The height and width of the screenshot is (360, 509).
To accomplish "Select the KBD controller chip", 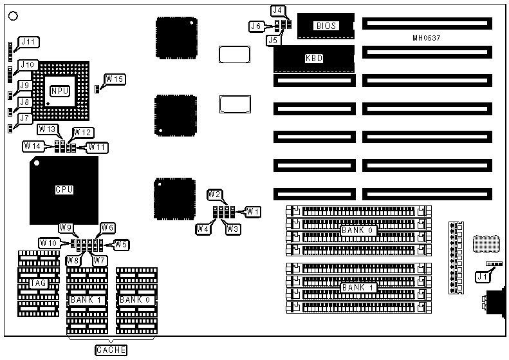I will coord(314,58).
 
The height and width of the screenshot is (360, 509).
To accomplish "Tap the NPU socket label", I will coord(59,91).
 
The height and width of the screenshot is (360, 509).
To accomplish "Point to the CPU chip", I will coord(64,190).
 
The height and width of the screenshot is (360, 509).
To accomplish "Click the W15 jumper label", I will coord(116,79).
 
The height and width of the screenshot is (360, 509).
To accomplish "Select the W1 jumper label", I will coord(253,211).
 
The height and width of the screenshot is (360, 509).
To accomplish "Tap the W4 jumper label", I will coord(203,228).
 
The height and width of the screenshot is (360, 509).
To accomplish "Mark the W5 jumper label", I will coord(121,243).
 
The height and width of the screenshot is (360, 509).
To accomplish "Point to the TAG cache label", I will coord(39,283).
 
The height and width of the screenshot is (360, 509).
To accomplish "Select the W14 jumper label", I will coord(33,146).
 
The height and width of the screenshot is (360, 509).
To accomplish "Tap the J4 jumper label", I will coord(277,10).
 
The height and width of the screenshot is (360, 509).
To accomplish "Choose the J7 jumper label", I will coord(25,118).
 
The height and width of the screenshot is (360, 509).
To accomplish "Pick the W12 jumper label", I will coord(83,132).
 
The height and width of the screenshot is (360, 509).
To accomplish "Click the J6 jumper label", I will coord(257,26).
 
